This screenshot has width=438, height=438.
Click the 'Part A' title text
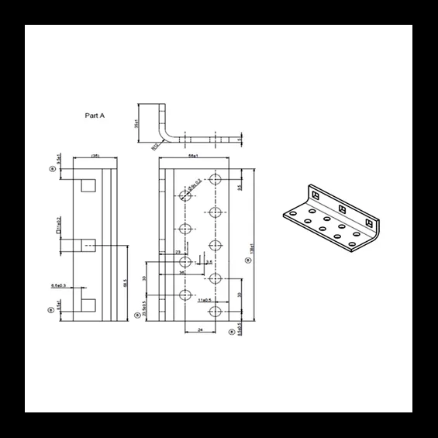pyautogui.click(x=95, y=115)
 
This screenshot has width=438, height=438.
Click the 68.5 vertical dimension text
pyautogui.click(x=124, y=283)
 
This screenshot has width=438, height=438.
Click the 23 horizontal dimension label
pyautogui.click(x=178, y=253)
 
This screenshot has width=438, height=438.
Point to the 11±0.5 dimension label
pyautogui.click(x=205, y=298)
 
